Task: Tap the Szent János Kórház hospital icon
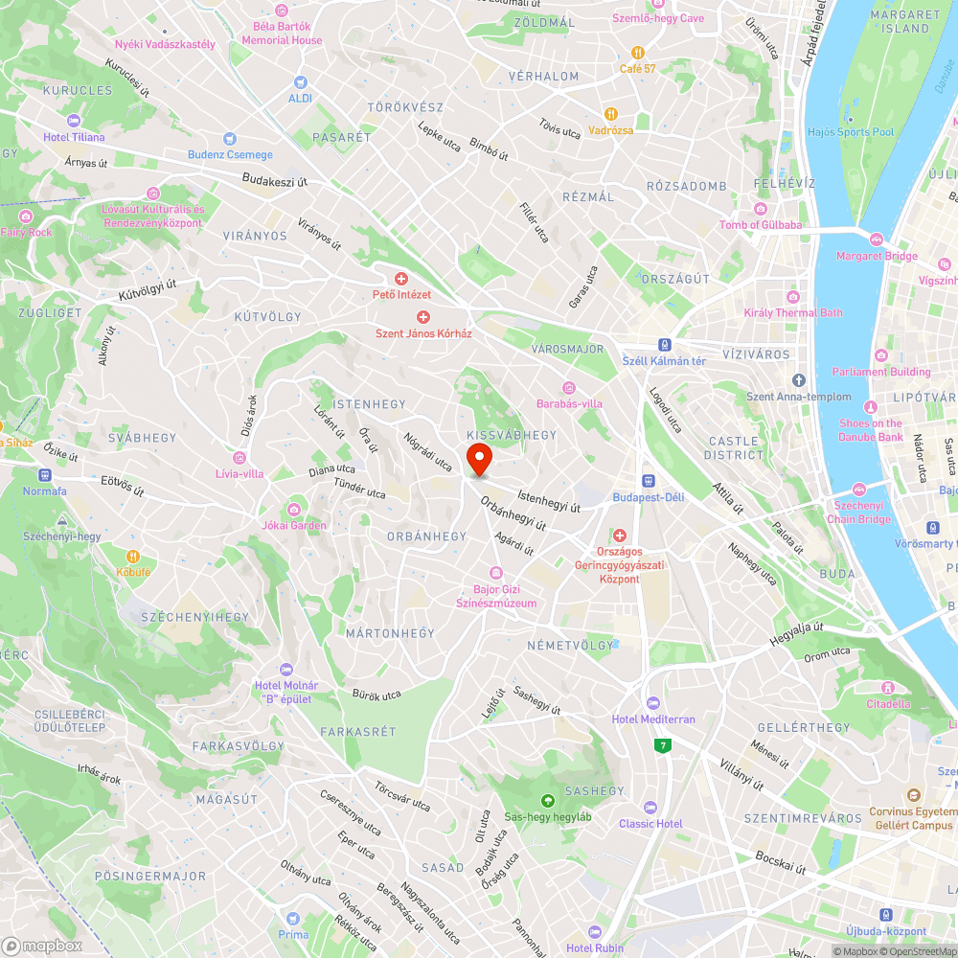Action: click(422, 317)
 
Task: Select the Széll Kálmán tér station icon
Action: click(664, 345)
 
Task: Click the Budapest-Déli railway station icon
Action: click(649, 481)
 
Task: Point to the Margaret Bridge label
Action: click(877, 256)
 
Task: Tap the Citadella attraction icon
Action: click(888, 688)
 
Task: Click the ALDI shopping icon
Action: click(301, 82)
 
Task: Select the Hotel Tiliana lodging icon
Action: click(74, 121)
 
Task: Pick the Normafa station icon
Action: click(45, 475)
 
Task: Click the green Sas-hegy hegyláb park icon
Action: click(548, 801)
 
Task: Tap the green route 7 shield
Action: click(662, 745)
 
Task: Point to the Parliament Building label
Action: click(881, 372)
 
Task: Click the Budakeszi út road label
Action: click(274, 180)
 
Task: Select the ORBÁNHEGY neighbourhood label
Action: click(426, 536)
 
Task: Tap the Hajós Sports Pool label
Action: click(850, 132)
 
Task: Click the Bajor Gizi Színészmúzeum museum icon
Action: click(496, 573)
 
